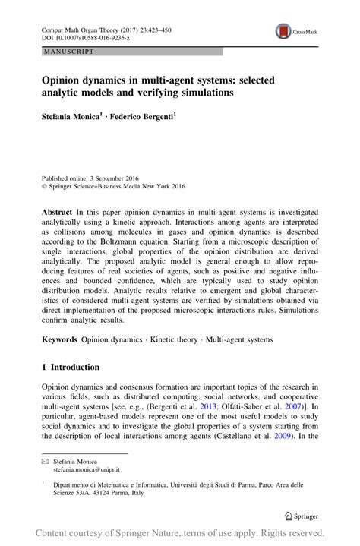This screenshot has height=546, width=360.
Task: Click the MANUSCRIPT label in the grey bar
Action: coord(69,52)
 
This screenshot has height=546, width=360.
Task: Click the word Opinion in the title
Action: coord(62,79)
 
